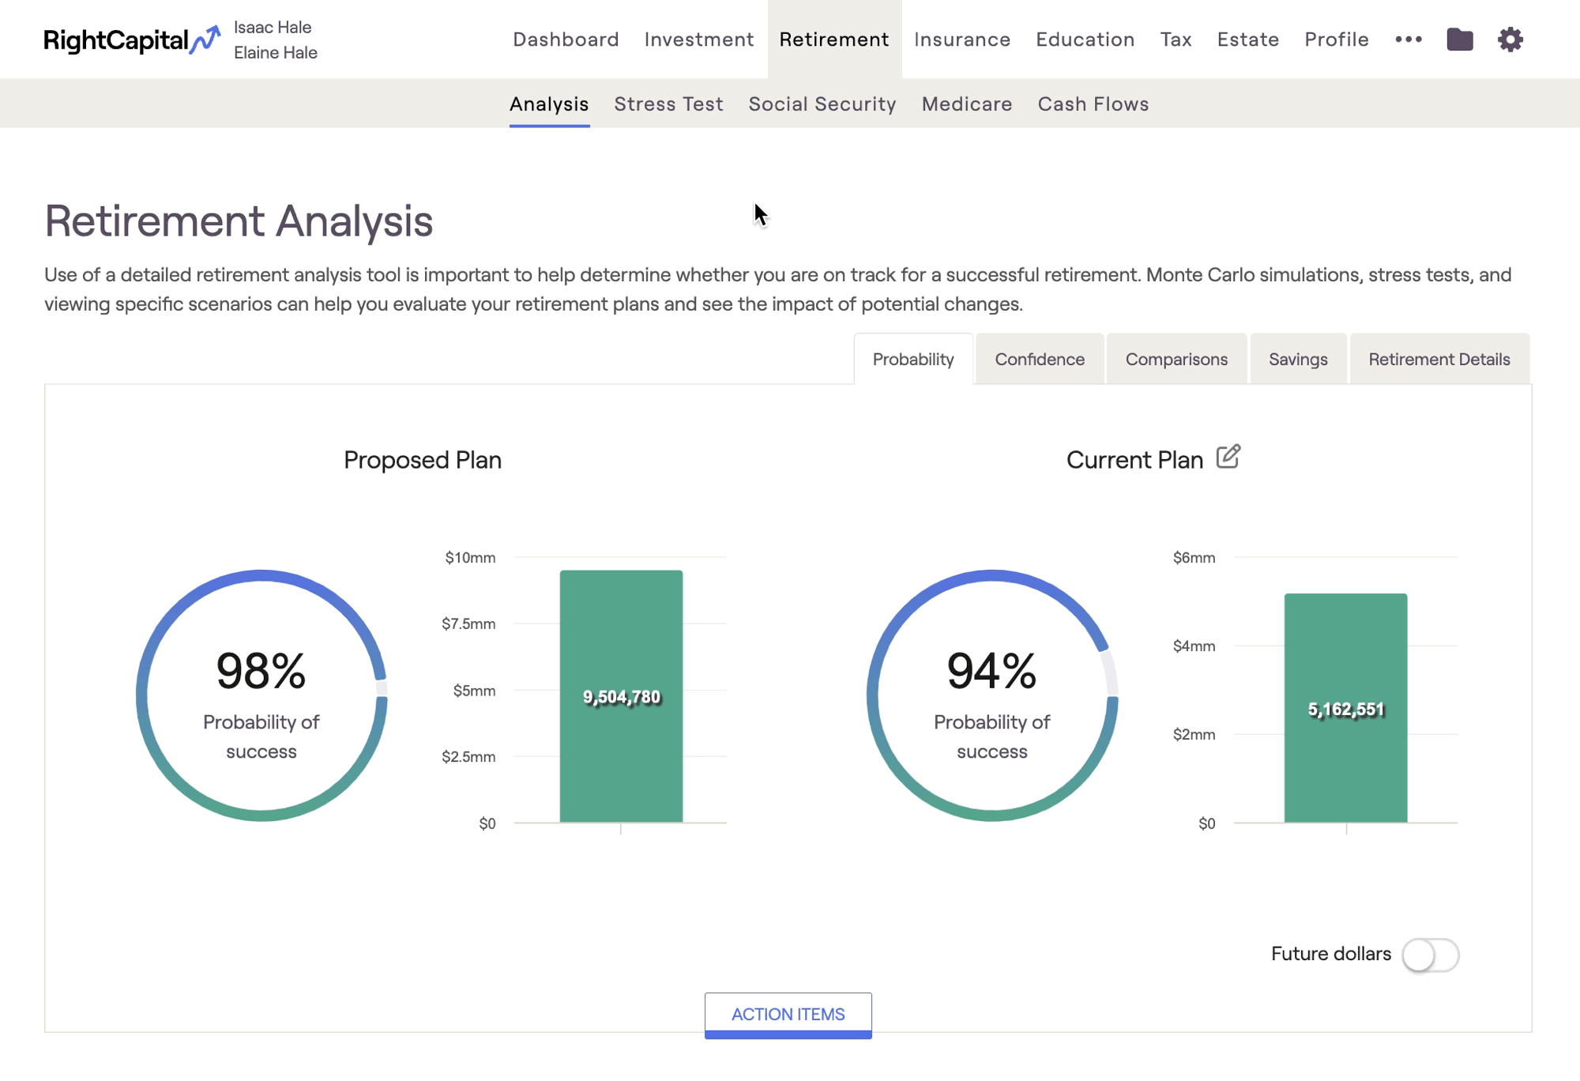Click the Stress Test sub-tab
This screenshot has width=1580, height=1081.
[x=668, y=104]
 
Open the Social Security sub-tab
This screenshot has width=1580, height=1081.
[x=822, y=104]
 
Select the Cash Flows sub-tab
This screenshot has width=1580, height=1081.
[x=1093, y=104]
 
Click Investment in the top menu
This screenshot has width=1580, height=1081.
[x=698, y=40]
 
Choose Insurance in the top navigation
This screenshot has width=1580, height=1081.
[x=961, y=40]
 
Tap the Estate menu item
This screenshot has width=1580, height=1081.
[x=1247, y=40]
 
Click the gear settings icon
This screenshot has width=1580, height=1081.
[x=1510, y=40]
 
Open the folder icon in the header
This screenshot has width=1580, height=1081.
[x=1459, y=40]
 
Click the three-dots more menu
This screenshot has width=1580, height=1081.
[x=1408, y=40]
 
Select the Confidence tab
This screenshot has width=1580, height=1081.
[x=1039, y=360]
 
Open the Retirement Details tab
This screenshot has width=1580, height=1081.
[x=1439, y=360]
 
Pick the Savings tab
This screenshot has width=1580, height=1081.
[x=1297, y=360]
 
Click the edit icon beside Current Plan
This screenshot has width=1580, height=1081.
[x=1228, y=457]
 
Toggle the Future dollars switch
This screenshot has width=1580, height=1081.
[x=1430, y=955]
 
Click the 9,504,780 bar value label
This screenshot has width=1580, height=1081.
[x=621, y=697]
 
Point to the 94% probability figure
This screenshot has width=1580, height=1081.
[x=991, y=671]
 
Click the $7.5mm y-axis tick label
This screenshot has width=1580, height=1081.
[x=468, y=624]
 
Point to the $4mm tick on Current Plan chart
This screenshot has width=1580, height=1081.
[x=1194, y=646]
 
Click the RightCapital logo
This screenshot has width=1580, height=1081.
[x=131, y=40]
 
